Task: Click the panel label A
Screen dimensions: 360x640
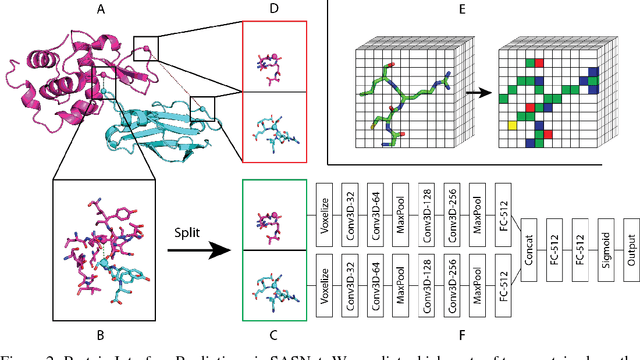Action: tap(100, 10)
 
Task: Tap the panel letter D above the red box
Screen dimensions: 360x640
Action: tap(275, 10)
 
